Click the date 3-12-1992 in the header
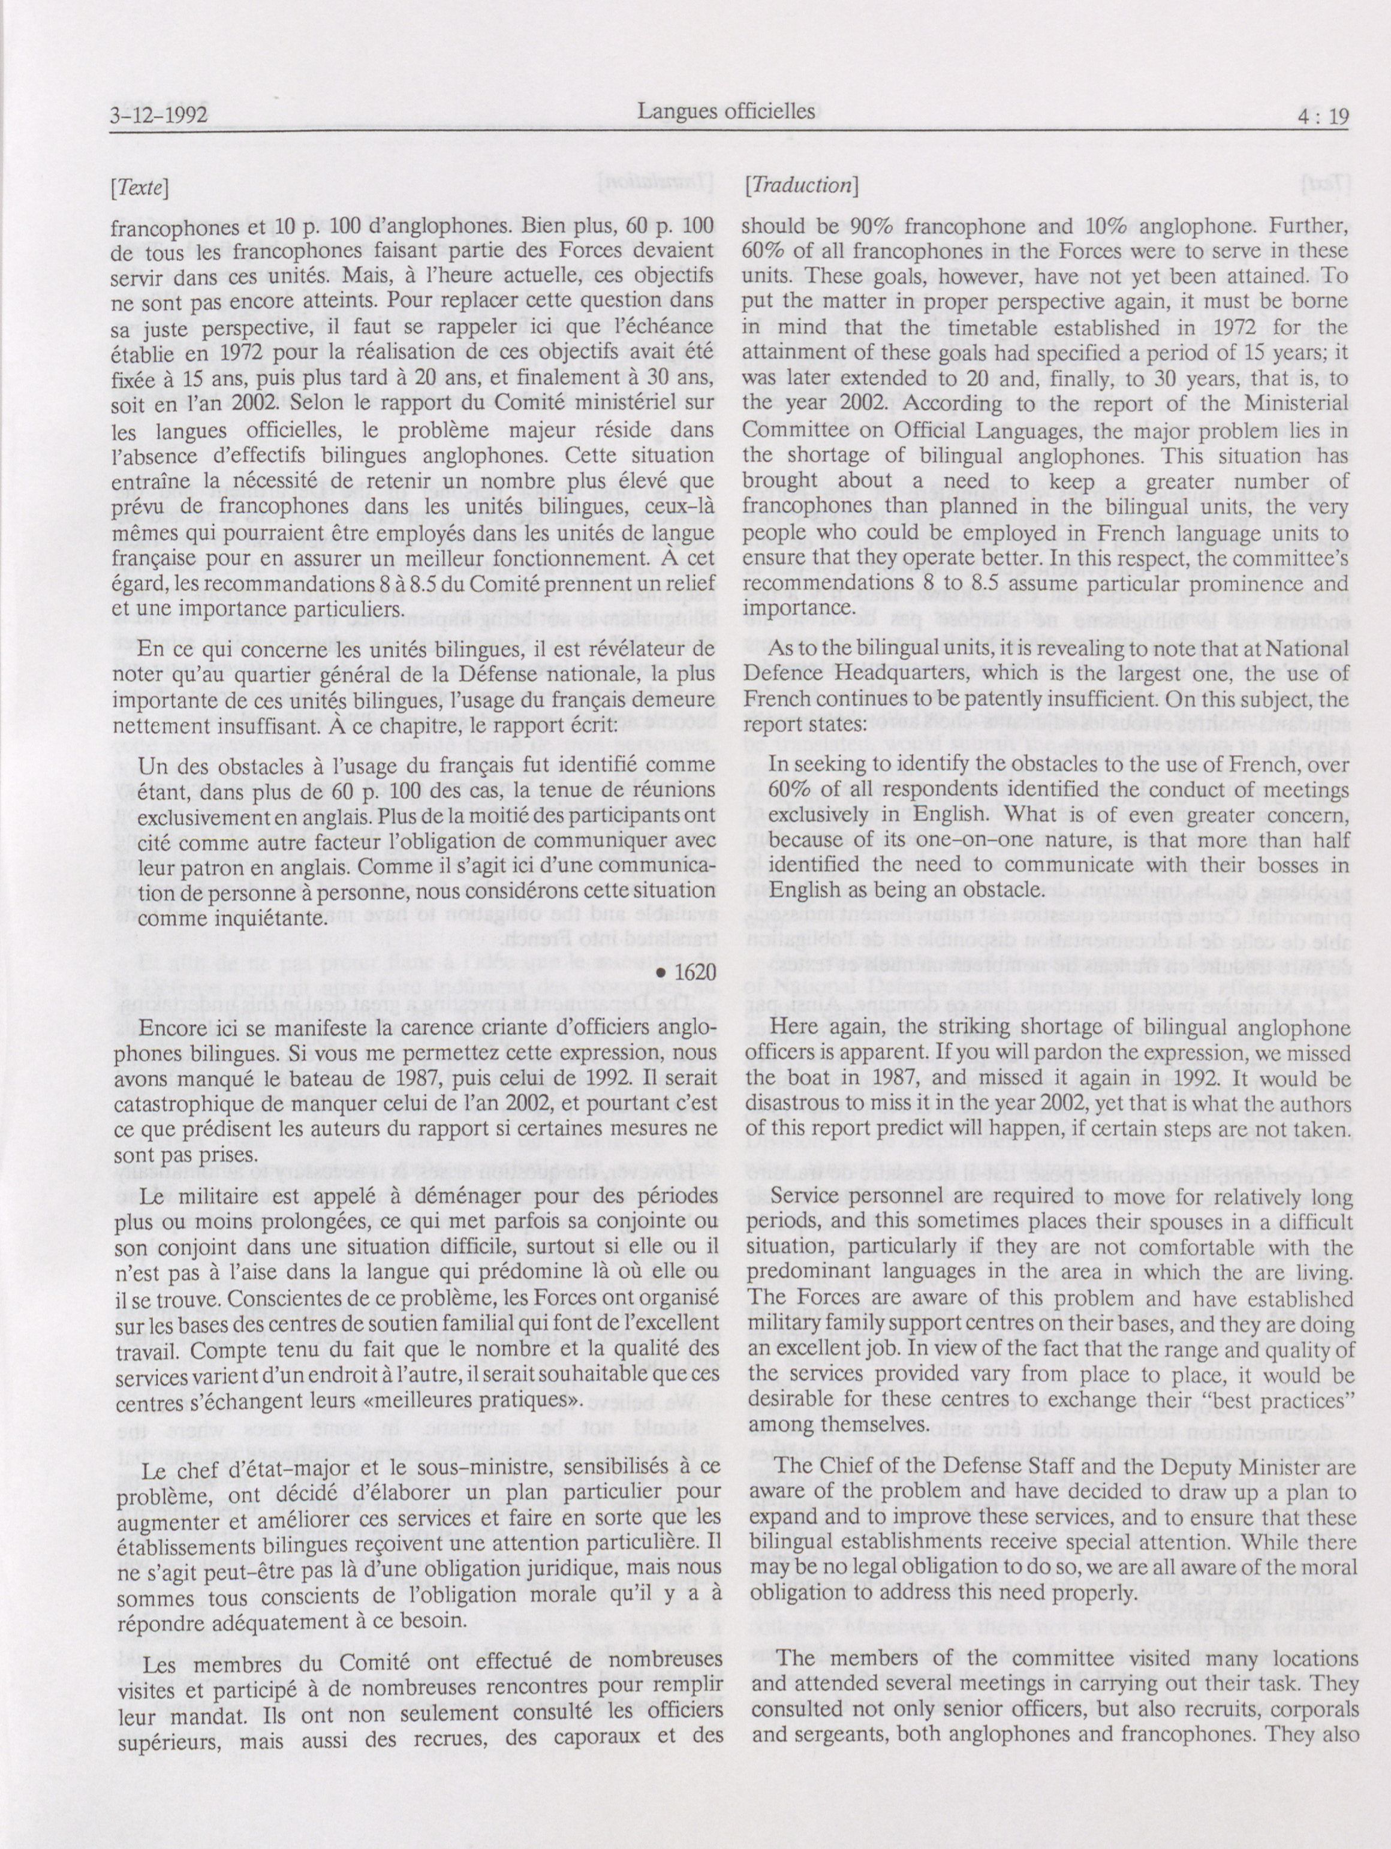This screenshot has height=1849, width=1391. (x=158, y=115)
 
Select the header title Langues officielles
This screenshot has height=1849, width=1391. (x=725, y=111)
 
